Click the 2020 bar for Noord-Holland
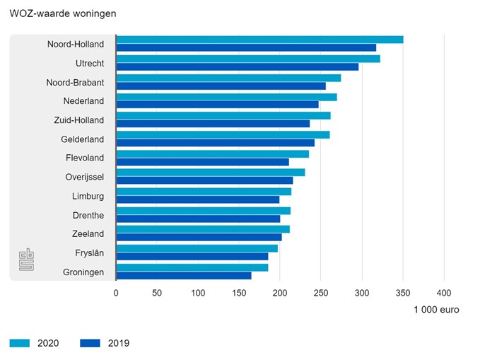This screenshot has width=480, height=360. click(259, 40)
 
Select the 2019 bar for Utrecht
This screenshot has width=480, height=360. click(238, 67)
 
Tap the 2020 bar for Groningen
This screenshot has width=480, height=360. click(192, 267)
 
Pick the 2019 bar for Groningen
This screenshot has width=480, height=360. click(184, 276)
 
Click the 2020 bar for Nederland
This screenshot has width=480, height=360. click(226, 97)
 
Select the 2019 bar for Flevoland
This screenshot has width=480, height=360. click(203, 162)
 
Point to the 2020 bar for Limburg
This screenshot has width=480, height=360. click(204, 192)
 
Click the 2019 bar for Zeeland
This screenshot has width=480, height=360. click(199, 238)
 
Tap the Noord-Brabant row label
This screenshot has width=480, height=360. click(75, 82)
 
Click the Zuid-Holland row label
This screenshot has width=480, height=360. click(78, 120)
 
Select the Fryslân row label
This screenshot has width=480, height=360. click(88, 253)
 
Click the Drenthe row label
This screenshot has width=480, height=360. click(88, 215)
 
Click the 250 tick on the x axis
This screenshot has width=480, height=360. click(320, 292)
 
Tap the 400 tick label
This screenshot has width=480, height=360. click(443, 292)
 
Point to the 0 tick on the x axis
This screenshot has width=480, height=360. click(116, 292)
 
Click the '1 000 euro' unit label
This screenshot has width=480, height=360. click(436, 310)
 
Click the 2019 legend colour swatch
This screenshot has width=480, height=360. click(90, 343)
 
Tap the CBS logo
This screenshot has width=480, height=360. click(26, 259)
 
